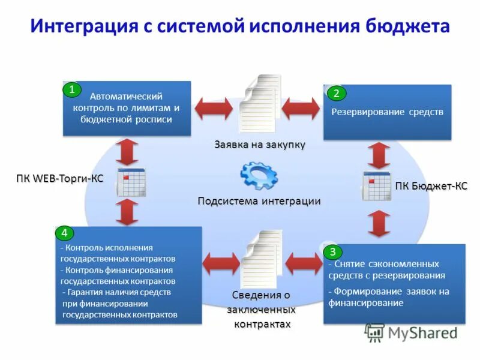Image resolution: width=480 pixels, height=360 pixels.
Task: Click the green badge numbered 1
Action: [x=72, y=90]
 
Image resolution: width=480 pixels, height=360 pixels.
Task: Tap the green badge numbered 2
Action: [x=336, y=93]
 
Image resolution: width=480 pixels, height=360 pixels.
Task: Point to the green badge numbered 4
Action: [x=64, y=233]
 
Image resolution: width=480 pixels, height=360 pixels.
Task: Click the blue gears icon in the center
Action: [x=259, y=176]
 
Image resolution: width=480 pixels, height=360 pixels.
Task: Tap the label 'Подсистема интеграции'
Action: [x=259, y=201]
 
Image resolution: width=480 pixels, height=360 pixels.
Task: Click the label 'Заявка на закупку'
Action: [x=260, y=145]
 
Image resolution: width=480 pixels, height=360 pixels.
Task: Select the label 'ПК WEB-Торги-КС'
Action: [x=59, y=178]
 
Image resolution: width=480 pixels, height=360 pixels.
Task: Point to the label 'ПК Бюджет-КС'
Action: [x=431, y=186]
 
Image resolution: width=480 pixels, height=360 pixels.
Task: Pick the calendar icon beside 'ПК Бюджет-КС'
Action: [x=377, y=186]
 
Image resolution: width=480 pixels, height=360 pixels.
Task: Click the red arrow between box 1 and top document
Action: [x=214, y=108]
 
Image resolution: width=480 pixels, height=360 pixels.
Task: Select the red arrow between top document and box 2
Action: [x=302, y=108]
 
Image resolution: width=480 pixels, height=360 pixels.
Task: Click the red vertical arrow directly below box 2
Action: [x=379, y=155]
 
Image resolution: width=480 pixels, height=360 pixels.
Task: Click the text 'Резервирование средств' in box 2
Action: [x=387, y=112]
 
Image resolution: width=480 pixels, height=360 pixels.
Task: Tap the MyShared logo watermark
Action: [x=412, y=332]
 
